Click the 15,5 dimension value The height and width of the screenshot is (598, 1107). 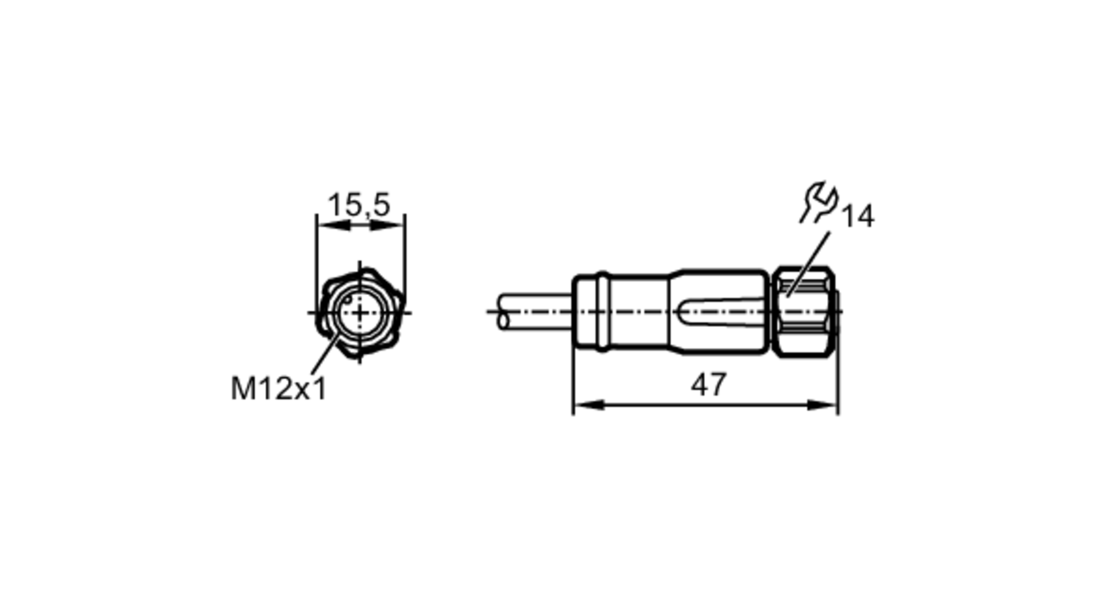pos(359,205)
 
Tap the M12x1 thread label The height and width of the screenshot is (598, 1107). pos(279,388)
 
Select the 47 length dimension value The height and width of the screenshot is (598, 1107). pos(708,384)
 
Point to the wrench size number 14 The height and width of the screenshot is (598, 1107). pos(858,216)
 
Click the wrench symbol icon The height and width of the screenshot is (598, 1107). pos(819,202)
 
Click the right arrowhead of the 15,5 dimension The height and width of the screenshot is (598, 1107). pos(387,225)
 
